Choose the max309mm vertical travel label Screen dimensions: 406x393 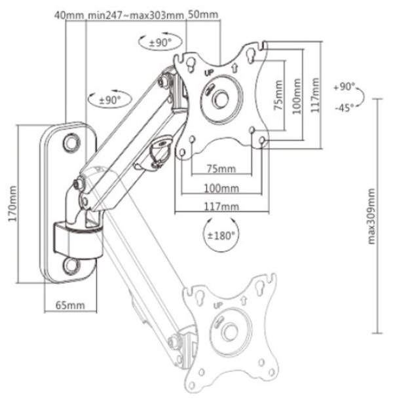click(372, 217)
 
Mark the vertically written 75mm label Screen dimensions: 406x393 click(278, 99)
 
